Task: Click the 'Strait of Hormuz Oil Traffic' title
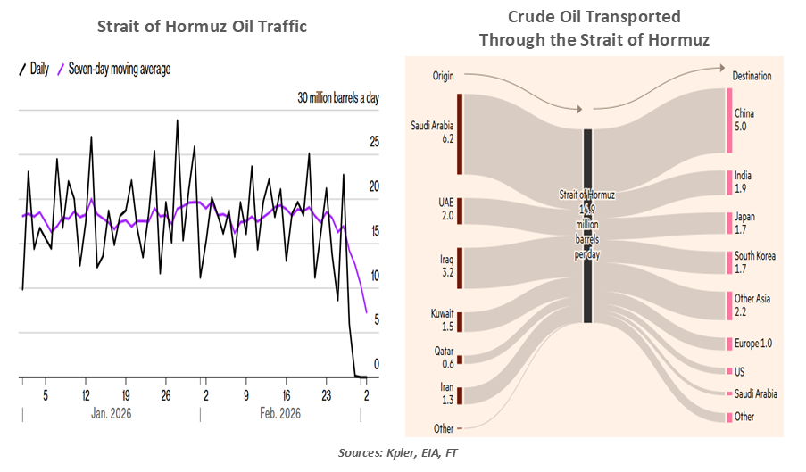coord(202,27)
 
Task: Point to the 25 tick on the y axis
coord(375,142)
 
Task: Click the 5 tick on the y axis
coord(375,319)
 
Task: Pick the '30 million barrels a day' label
coord(338,98)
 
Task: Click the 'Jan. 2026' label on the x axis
coord(112,413)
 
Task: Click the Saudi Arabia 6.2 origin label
coord(433,132)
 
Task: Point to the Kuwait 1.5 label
coord(441,320)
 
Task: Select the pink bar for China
coord(728,120)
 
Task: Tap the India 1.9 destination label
coord(744,182)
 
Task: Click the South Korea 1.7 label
coord(754,262)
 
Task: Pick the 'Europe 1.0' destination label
coord(753,344)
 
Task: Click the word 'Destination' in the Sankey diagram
coord(752,76)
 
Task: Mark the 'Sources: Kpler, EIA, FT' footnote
coord(401,453)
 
